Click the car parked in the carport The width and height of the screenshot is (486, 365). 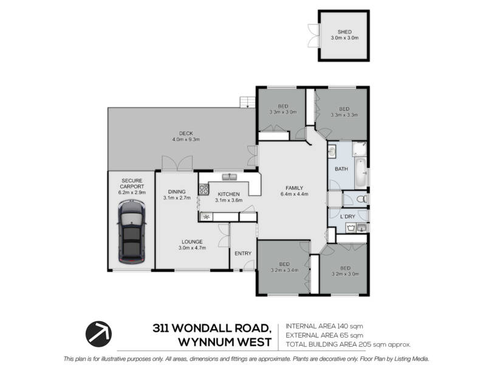pos(131,232)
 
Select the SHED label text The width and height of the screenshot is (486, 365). pos(344,32)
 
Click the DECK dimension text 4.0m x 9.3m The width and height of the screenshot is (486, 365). pos(186,139)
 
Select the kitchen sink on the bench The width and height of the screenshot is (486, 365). pos(229,177)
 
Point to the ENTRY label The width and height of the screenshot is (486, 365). pos(242,254)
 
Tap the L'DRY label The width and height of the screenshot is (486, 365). pos(347,217)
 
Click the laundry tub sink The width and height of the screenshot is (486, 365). pos(351,228)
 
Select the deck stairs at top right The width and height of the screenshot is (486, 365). pos(248,102)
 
